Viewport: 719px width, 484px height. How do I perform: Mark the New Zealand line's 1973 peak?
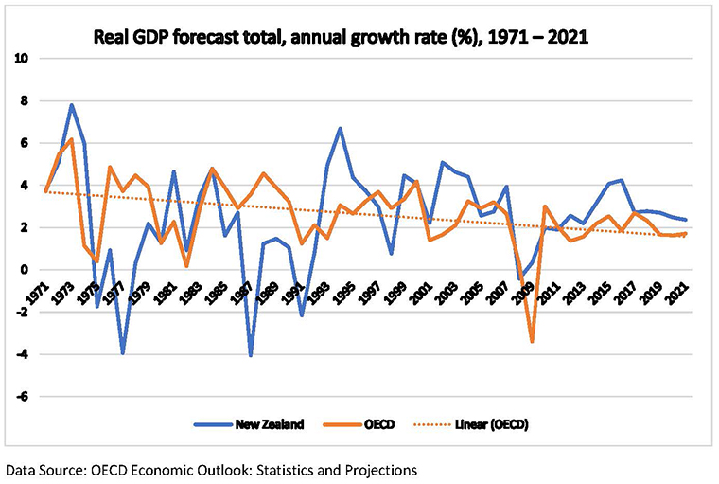72,105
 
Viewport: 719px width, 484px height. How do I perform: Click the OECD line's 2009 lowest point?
533,341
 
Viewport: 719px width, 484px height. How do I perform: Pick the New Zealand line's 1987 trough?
251,355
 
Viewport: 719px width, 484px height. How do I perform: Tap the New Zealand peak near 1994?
340,128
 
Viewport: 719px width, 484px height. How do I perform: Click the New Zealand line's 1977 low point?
123,353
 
